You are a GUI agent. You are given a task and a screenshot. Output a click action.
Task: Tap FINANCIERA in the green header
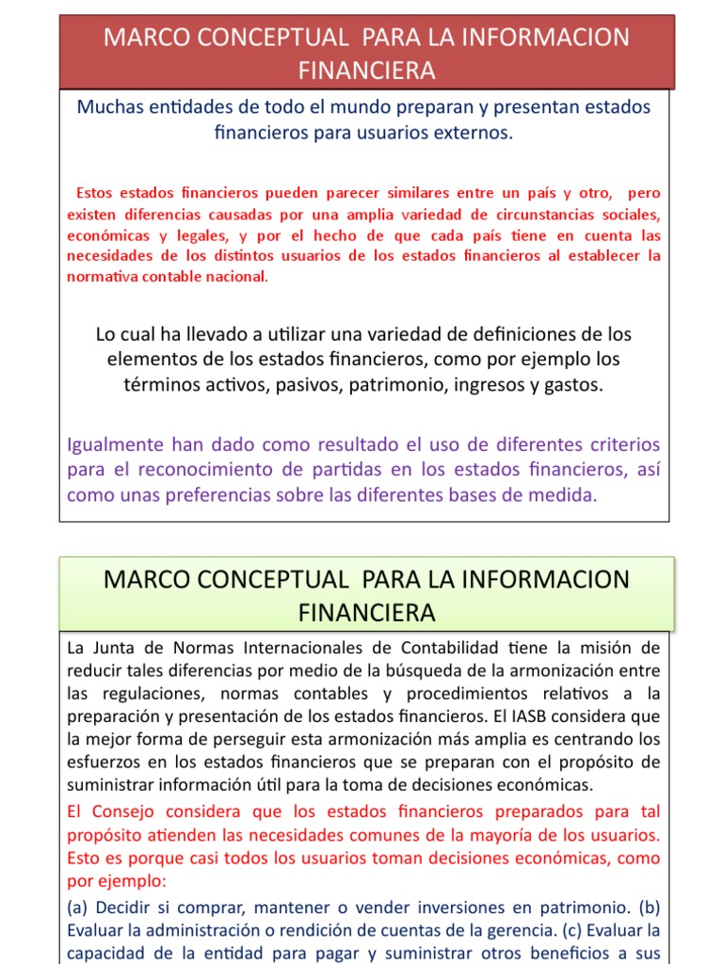pyautogui.click(x=366, y=613)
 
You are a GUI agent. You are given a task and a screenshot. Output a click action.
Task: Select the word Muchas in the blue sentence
pyautogui.click(x=109, y=107)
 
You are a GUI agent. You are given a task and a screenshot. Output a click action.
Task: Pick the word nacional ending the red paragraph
pyautogui.click(x=233, y=277)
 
